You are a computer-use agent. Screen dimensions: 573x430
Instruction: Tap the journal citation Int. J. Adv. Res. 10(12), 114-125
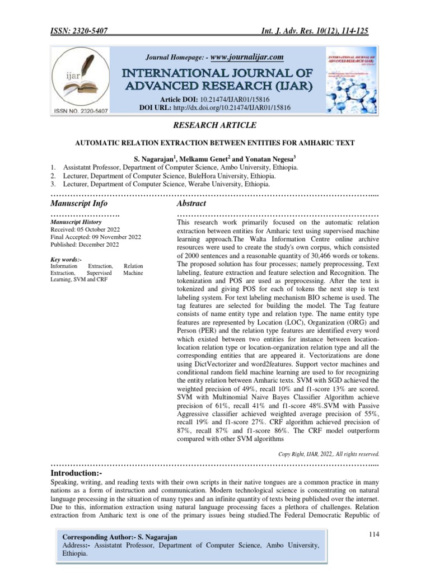316,32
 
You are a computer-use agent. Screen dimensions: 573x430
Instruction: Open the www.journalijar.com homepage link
247,57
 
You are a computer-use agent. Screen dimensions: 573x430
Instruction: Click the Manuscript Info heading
79,203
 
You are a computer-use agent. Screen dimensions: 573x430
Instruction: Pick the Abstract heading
191,203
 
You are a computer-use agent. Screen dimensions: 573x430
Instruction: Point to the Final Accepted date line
96,237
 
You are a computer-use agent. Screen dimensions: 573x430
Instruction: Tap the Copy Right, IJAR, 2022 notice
329,454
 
